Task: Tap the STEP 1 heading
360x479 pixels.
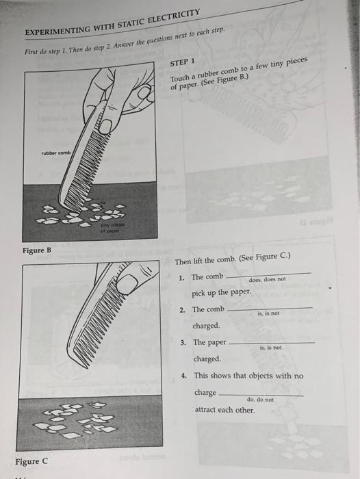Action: pyautogui.click(x=182, y=62)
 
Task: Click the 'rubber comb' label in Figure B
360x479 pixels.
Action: pyautogui.click(x=56, y=153)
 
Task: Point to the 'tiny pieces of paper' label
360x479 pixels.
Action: pyautogui.click(x=110, y=228)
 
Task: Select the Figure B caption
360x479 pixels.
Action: pyautogui.click(x=37, y=250)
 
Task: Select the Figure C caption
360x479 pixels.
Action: pyautogui.click(x=31, y=461)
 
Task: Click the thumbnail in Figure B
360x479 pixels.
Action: pyautogui.click(x=105, y=127)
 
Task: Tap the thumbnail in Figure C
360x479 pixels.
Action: pyautogui.click(x=127, y=283)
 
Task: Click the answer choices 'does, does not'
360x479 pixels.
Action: pyautogui.click(x=267, y=279)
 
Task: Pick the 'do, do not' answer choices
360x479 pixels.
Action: pyautogui.click(x=260, y=400)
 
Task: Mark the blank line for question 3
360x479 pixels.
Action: pyautogui.click(x=272, y=343)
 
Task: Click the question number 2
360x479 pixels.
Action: pyautogui.click(x=182, y=310)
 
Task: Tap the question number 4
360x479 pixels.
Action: pyautogui.click(x=183, y=376)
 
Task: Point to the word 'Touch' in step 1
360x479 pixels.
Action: pyautogui.click(x=180, y=78)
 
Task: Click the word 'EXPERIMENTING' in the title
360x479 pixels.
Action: pyautogui.click(x=57, y=31)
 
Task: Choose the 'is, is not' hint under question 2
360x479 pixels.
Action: pyautogui.click(x=268, y=313)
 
